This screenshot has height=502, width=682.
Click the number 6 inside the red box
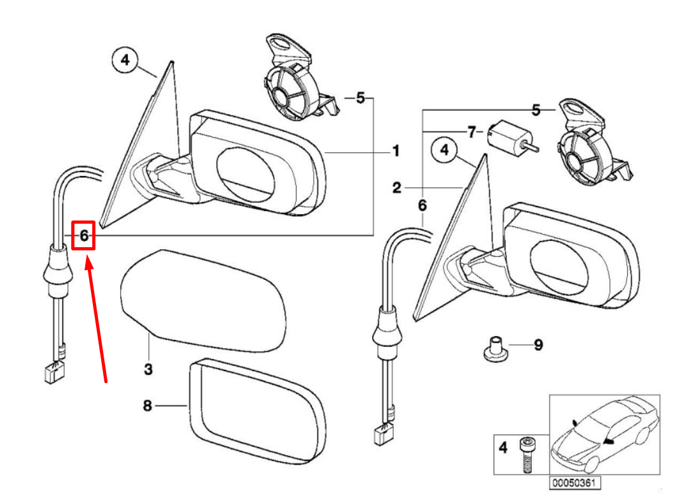point(83,235)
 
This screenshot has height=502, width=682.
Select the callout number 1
point(395,151)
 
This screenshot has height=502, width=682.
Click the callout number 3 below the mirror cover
point(148,369)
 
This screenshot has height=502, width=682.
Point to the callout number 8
point(148,405)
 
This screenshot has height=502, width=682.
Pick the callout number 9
point(538,346)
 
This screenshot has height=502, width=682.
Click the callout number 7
point(471,132)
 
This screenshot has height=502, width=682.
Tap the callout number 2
point(397,188)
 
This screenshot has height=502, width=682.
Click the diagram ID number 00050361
point(575,483)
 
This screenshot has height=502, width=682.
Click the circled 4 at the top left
point(125,60)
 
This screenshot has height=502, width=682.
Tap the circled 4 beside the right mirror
point(445,150)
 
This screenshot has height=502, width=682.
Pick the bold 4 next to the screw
point(503,448)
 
